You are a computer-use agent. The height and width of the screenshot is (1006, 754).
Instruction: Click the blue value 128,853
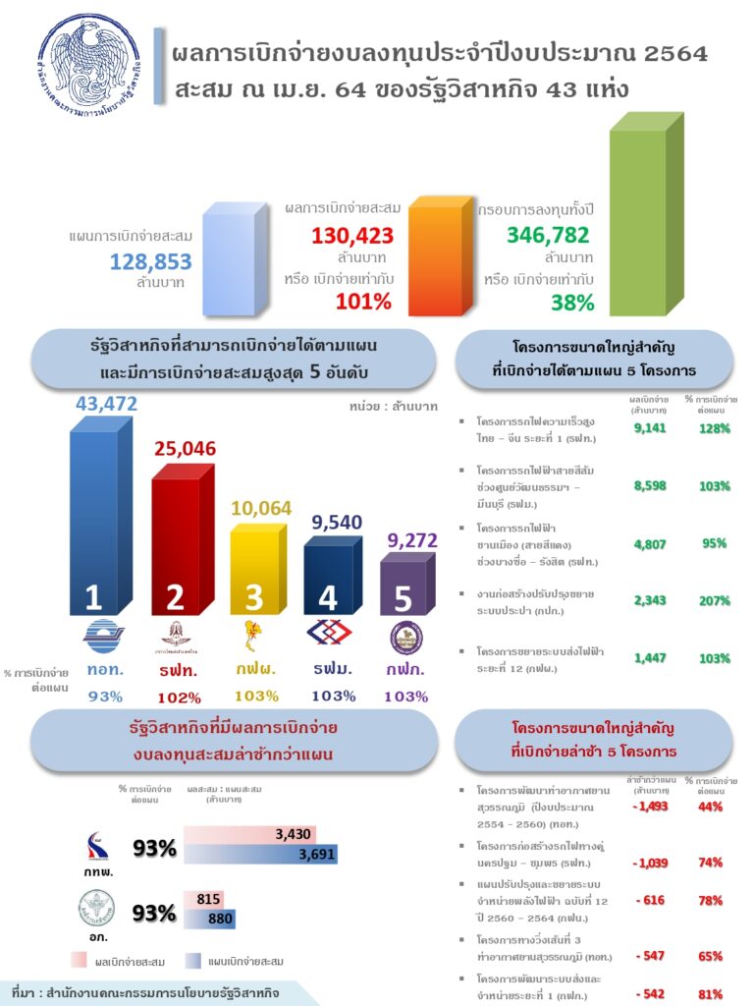(x=150, y=262)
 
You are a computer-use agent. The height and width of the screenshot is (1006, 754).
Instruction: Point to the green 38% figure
(x=572, y=303)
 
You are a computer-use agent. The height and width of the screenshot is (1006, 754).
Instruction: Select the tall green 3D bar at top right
(x=643, y=211)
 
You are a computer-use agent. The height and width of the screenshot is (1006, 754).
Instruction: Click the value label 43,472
(x=107, y=404)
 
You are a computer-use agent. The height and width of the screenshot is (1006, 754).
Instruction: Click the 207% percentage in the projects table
(x=715, y=601)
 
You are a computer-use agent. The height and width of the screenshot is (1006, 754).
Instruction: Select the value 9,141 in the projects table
(x=651, y=428)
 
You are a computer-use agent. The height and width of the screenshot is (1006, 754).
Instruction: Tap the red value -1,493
(x=650, y=807)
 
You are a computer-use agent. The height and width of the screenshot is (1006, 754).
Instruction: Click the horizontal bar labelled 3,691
(x=259, y=855)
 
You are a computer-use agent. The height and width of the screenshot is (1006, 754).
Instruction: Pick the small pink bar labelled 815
(x=203, y=899)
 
